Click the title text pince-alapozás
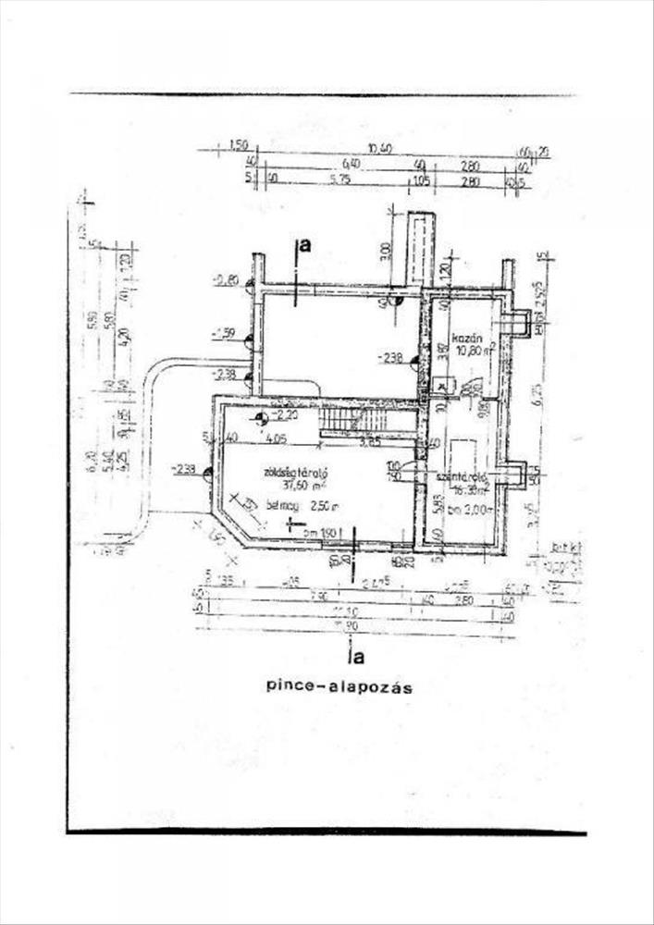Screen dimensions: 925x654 coord(338,687)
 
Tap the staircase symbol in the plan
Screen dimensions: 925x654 coord(340,424)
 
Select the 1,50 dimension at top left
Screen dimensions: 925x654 coord(238,146)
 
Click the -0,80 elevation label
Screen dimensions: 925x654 coord(225,279)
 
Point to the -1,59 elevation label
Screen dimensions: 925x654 coord(223,331)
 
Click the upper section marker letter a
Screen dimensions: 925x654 coord(304,245)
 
